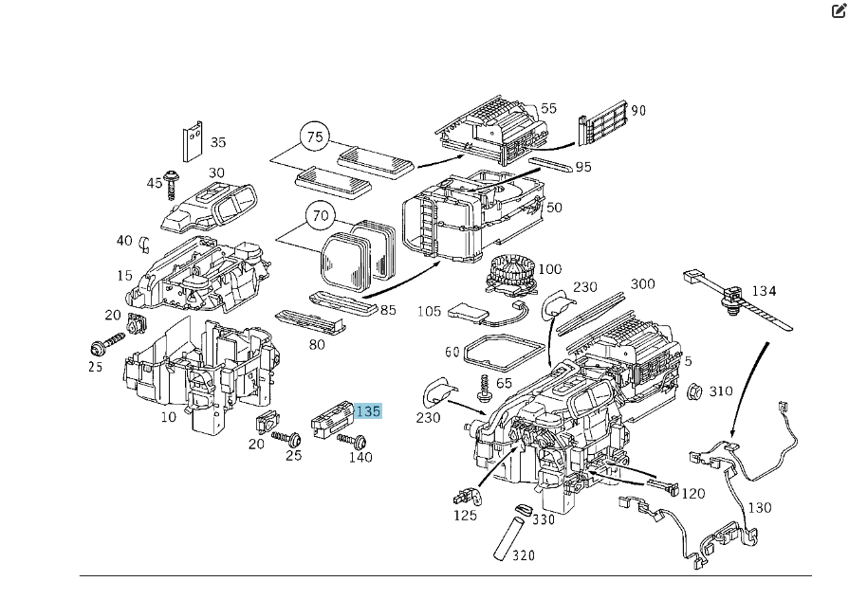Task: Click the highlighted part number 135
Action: pos(368,411)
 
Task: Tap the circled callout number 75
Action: pos(315,137)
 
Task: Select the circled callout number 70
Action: pos(321,216)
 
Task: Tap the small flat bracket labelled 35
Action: pos(193,141)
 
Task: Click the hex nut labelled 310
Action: pos(693,391)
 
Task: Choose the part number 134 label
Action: pos(764,290)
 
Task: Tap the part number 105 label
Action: pos(430,311)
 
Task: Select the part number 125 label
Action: pos(465,515)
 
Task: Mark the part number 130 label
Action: pos(760,508)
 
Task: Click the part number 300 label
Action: pos(642,284)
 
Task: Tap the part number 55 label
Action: pos(548,109)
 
